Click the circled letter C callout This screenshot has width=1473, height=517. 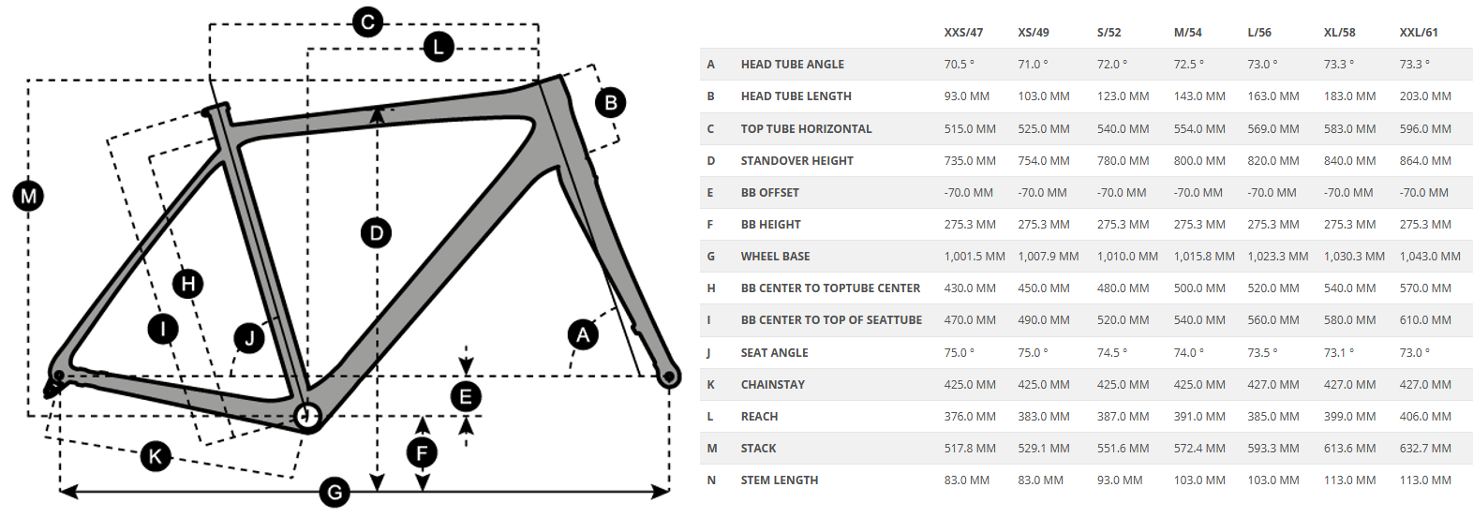point(367,22)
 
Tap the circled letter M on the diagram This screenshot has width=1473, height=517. point(29,196)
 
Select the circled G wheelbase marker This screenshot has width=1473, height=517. point(335,492)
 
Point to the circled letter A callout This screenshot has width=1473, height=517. point(583,334)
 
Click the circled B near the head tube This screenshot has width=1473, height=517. point(611,102)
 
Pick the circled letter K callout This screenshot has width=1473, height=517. point(156,456)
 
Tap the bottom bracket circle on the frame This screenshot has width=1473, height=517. point(307,415)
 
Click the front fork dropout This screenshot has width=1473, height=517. point(669,377)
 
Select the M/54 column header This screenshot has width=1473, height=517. point(1188,33)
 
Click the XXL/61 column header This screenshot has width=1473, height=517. point(1419,33)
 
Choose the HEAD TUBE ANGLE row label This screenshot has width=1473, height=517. point(793,65)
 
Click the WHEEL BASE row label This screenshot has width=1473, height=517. point(776,257)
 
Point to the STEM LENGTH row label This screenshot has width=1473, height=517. point(780,480)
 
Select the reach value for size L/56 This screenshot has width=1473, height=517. point(1273,417)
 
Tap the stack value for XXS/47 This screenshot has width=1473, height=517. point(970,449)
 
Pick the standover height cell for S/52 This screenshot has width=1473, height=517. point(1123,161)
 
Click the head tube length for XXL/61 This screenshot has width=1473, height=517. point(1425,96)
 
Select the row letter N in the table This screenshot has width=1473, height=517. point(711,480)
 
